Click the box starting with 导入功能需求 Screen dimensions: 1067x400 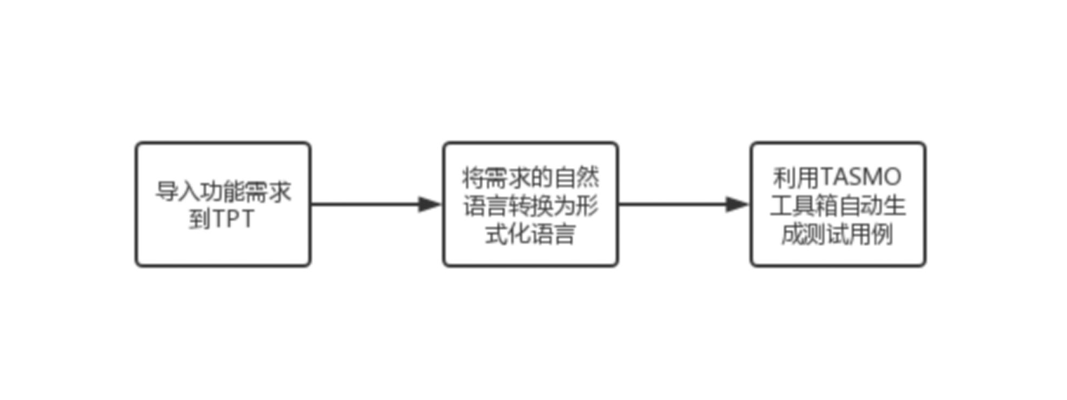click(x=223, y=204)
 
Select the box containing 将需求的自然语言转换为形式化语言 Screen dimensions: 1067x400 click(x=531, y=204)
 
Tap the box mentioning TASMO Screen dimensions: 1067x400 click(x=838, y=204)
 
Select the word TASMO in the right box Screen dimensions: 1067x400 click(x=861, y=177)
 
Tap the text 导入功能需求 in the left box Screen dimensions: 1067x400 click(x=223, y=191)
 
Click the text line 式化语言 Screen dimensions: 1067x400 click(x=530, y=234)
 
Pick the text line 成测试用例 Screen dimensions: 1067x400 click(x=837, y=234)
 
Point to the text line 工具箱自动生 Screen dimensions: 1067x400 click(x=838, y=205)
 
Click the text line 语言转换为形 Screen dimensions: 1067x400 click(x=531, y=205)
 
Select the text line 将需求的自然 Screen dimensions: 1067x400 click(x=531, y=177)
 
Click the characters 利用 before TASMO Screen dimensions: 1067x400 click(x=797, y=177)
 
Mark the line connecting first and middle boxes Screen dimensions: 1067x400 click(x=376, y=204)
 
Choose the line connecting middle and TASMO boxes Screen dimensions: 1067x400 click(x=684, y=204)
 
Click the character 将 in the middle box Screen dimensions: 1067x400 click(x=474, y=177)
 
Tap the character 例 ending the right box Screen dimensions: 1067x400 click(x=882, y=234)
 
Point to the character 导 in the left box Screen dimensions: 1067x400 click(x=167, y=191)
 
